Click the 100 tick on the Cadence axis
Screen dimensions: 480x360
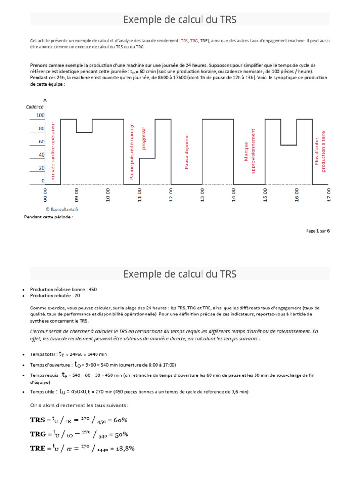click(x=40, y=115)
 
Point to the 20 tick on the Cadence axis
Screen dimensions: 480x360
click(x=41, y=168)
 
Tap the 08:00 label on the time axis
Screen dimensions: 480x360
click(x=45, y=195)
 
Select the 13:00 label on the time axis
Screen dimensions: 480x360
click(x=202, y=195)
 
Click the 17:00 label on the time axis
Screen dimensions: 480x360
click(x=329, y=195)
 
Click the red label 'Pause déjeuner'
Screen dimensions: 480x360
click(x=187, y=152)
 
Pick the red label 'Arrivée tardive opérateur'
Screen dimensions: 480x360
click(x=53, y=151)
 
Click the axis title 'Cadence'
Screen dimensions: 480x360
click(x=35, y=107)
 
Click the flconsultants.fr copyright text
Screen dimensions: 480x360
click(x=62, y=210)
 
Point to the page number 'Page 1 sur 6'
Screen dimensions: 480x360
click(x=318, y=231)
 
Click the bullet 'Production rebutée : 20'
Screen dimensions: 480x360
click(x=55, y=296)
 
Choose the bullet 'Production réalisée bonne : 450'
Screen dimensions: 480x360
click(x=63, y=290)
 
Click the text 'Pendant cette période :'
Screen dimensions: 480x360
click(x=48, y=217)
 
